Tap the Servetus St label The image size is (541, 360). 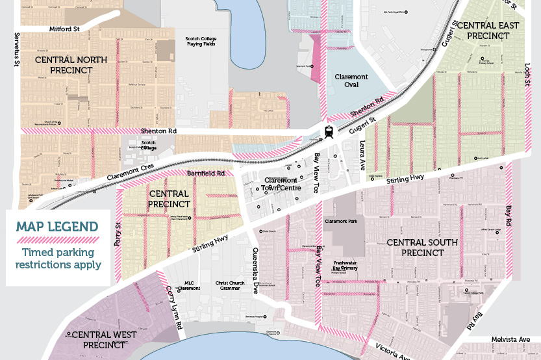tap(18, 48)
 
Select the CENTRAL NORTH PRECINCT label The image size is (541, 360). tap(71, 65)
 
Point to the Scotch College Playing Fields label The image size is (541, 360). tap(201, 42)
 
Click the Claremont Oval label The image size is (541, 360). tap(351, 81)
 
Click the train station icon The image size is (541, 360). tap(329, 131)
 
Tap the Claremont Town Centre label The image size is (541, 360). tap(281, 184)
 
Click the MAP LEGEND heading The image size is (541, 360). tap(57, 227)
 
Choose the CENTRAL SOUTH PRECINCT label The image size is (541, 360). tap(421, 247)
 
